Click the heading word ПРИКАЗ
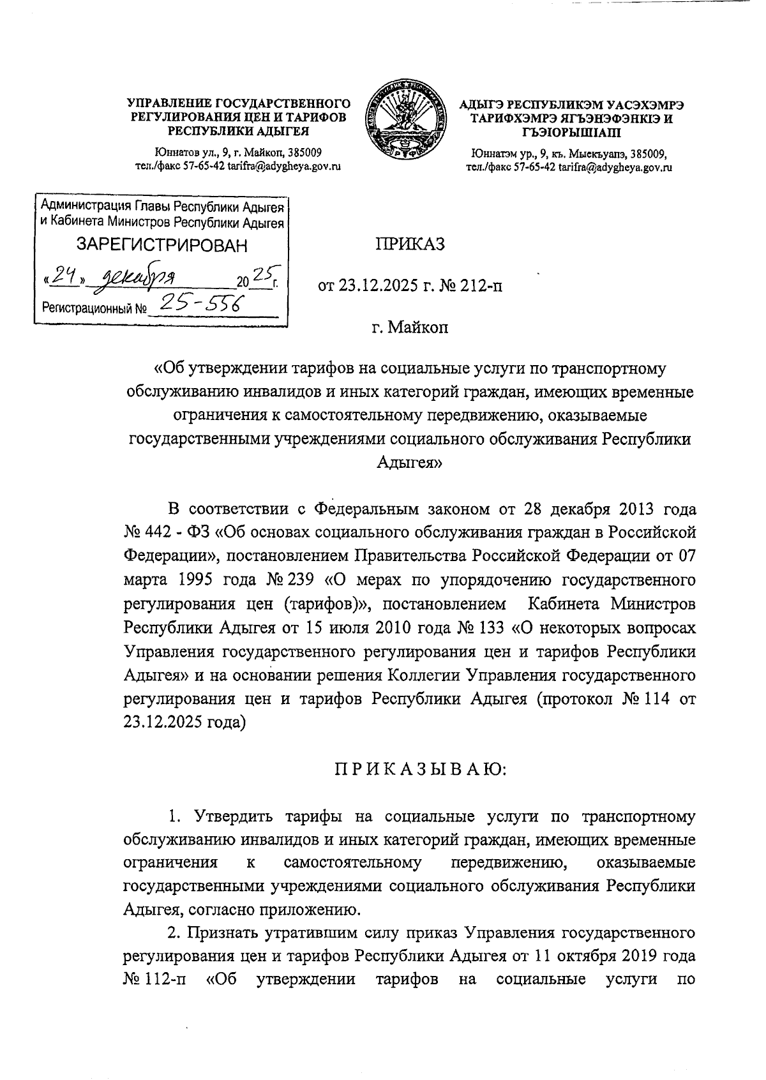pyautogui.click(x=409, y=244)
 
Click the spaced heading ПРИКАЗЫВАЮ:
pyautogui.click(x=420, y=770)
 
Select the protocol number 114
pyautogui.click(x=652, y=698)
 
